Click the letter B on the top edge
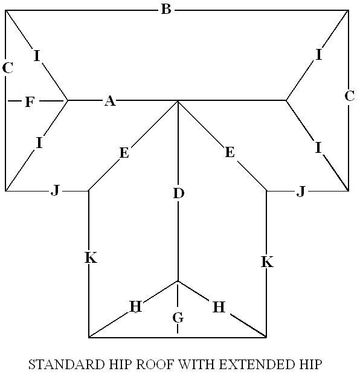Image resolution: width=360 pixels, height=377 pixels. point(166,10)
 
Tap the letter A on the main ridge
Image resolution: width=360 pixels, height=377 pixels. point(110,101)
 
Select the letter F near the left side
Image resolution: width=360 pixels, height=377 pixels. point(30,101)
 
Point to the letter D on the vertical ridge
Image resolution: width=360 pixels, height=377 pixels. point(179,193)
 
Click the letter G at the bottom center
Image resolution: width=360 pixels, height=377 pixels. point(178,317)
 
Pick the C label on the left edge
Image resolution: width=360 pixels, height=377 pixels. point(7,68)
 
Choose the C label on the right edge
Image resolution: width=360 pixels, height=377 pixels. point(349,96)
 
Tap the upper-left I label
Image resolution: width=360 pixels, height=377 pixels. point(36,56)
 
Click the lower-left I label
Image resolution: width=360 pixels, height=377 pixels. point(39,143)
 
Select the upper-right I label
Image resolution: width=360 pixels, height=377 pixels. point(319,54)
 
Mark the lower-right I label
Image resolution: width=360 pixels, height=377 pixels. point(318,147)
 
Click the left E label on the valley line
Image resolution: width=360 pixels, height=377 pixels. point(124,153)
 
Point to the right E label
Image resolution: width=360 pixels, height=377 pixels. point(230,152)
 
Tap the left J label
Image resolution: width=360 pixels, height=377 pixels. point(56,191)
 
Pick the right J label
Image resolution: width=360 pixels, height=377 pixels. point(301,192)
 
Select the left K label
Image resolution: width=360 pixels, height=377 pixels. point(91,257)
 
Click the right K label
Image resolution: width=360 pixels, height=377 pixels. point(267,262)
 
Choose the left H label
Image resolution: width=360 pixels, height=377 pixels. point(136,306)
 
